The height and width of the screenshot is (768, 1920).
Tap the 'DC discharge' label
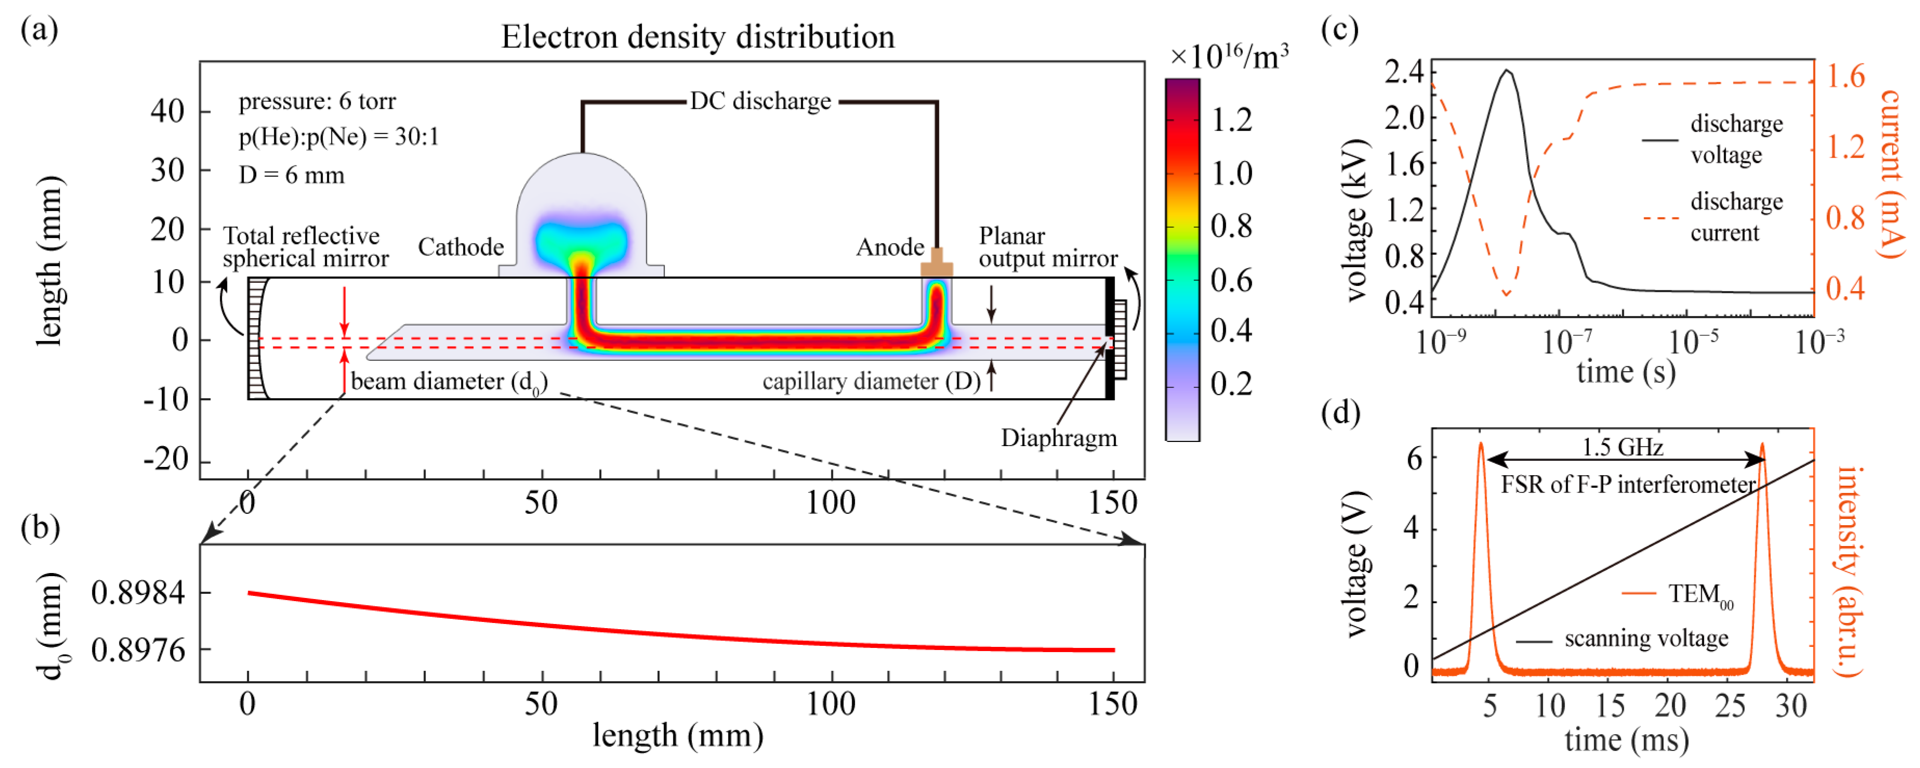[760, 101]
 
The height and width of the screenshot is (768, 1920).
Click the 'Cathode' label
[460, 247]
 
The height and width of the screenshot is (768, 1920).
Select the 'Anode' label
[890, 247]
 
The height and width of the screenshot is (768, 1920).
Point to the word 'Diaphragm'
[1058, 438]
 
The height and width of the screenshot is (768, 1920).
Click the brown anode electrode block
[936, 265]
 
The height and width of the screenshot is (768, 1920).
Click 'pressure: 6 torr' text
[317, 101]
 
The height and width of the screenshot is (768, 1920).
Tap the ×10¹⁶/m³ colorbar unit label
[1228, 57]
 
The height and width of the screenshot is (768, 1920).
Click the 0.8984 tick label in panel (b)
[138, 593]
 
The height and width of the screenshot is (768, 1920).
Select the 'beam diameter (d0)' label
[449, 382]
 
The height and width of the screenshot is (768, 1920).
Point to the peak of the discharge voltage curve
[1507, 71]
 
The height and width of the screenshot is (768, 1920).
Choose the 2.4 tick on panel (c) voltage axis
[1404, 72]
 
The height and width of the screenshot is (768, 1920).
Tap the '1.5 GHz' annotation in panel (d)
[1623, 447]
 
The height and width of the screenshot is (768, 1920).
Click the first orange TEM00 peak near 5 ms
[1481, 445]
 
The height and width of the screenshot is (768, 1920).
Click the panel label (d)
[1340, 412]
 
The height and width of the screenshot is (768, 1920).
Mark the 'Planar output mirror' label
[1047, 247]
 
